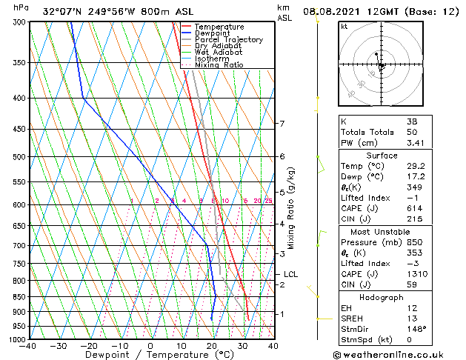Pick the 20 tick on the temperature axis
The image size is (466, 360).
coord(212,346)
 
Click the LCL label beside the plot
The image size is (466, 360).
coord(290,274)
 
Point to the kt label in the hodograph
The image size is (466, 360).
coord(344,27)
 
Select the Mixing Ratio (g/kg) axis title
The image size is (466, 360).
coord(291,207)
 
